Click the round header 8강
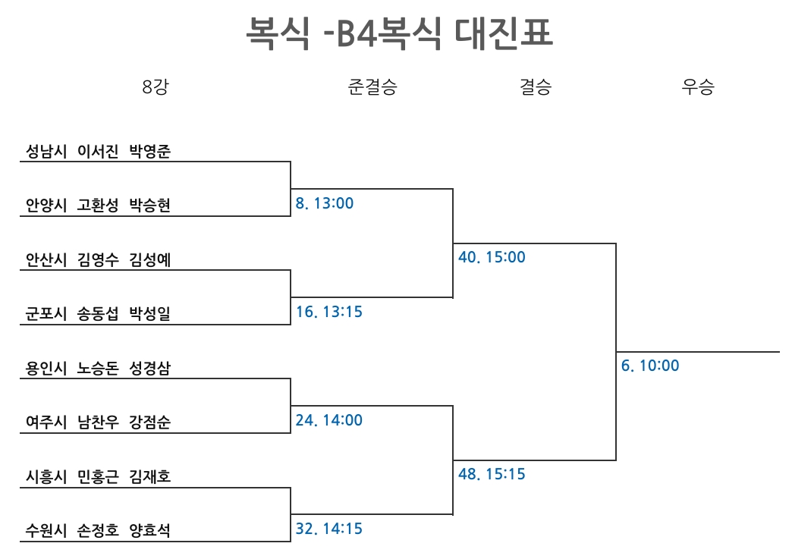(155, 86)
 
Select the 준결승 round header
(372, 86)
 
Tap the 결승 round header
(536, 86)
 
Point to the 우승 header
(698, 86)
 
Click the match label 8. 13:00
(324, 203)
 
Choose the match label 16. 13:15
(328, 312)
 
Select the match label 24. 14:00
(328, 420)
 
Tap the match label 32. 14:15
(328, 529)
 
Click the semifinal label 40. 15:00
(492, 257)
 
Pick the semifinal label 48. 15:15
(492, 473)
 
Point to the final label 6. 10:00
(650, 365)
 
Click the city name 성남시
(46, 151)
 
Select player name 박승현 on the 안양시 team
(150, 205)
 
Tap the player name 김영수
(98, 259)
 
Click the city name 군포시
(46, 313)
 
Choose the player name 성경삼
(150, 368)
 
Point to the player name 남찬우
(98, 422)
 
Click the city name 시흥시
(46, 476)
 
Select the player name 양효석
(150, 530)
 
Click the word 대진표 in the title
(503, 33)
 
